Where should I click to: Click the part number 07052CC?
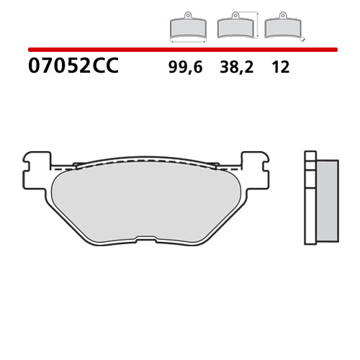73,67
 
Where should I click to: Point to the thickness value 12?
280,68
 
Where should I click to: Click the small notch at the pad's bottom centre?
147,241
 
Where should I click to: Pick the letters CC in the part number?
104,67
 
